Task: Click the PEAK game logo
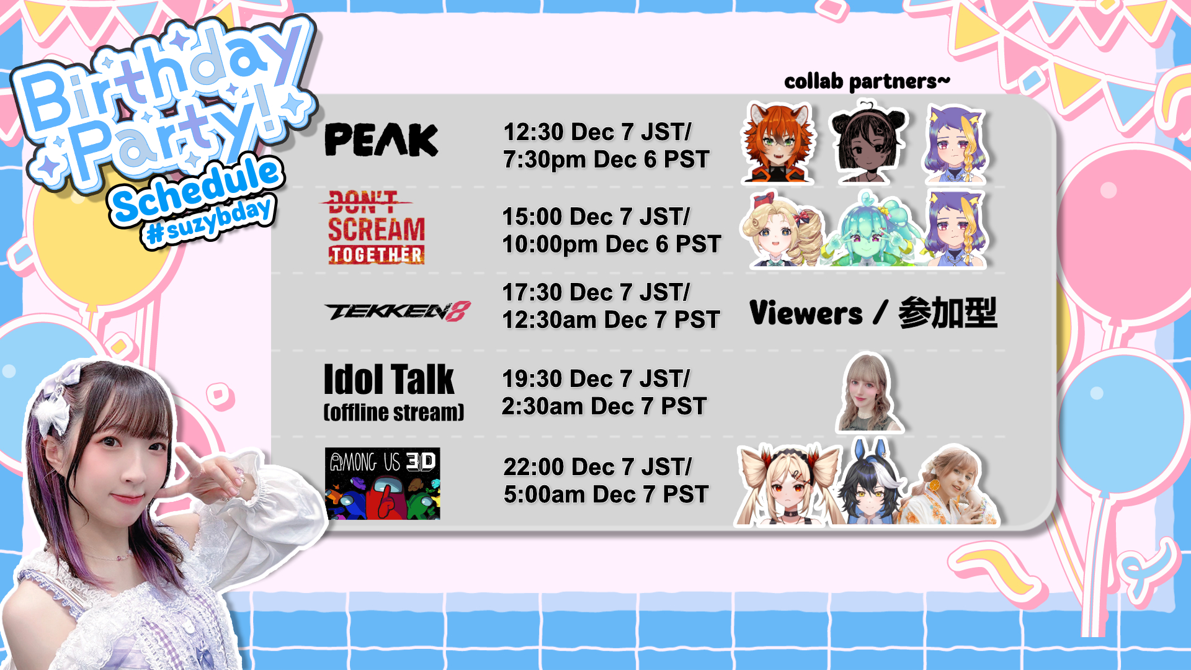381,140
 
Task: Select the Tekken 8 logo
398,311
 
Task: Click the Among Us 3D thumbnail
383,483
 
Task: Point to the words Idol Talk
389,380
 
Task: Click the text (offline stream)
394,413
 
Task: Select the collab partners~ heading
867,81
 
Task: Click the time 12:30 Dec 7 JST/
597,132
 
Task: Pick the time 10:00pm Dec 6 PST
612,244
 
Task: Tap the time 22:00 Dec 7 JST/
597,467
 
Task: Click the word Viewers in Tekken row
806,313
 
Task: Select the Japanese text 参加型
947,313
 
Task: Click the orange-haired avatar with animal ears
778,143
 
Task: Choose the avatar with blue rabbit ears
871,483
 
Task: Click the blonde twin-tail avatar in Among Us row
788,485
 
